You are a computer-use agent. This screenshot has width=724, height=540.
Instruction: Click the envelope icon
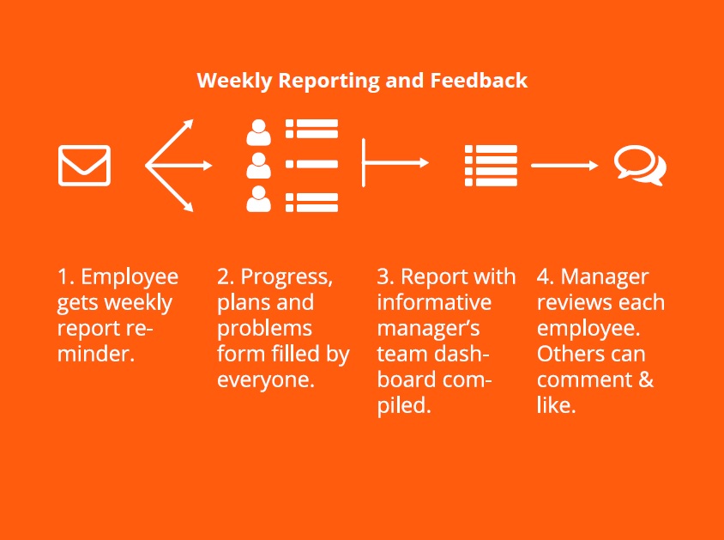(x=85, y=166)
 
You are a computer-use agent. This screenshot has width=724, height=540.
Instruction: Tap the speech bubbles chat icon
(x=640, y=166)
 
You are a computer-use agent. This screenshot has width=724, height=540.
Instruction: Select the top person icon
(x=258, y=132)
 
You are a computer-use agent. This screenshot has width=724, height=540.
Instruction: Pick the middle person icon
(x=258, y=166)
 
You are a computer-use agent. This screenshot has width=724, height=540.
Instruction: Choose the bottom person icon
(x=258, y=198)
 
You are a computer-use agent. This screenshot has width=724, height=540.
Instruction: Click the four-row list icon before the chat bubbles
(x=491, y=166)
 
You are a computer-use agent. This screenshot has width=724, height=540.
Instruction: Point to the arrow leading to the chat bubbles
(x=564, y=166)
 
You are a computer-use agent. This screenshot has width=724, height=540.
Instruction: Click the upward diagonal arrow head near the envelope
(x=189, y=124)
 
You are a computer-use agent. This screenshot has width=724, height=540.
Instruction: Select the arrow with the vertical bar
(x=395, y=162)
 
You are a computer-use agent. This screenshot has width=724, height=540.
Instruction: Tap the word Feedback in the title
(x=479, y=80)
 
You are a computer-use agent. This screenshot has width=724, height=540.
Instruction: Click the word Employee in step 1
(x=130, y=277)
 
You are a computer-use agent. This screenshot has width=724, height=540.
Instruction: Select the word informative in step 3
(x=435, y=302)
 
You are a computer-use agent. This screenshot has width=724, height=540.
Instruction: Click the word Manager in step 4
(x=605, y=277)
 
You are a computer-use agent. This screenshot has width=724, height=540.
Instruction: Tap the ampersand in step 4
(x=647, y=379)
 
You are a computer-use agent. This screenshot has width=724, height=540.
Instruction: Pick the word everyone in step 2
(x=266, y=380)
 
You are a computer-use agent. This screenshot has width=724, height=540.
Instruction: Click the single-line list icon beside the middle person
(x=311, y=164)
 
